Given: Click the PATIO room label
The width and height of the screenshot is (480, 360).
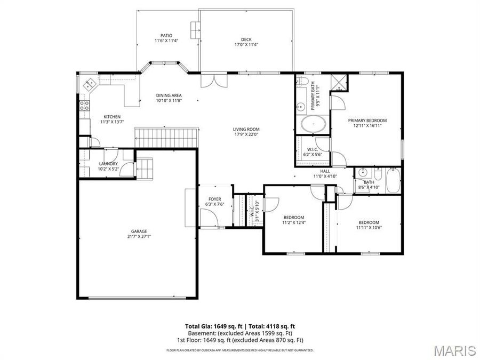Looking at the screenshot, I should tap(166, 35).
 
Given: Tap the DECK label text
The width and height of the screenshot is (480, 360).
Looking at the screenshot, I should tap(246, 39).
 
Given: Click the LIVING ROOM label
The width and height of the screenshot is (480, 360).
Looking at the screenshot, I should tap(246, 129).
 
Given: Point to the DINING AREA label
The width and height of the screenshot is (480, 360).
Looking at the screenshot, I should tap(169, 95).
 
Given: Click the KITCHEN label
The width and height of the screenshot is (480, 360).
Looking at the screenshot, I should tap(112, 117).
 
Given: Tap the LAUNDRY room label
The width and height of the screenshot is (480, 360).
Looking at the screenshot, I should tap(108, 164).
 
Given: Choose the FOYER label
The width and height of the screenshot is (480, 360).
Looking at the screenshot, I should tap(214, 199).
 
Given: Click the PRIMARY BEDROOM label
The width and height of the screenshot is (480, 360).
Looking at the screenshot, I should tap(367, 121).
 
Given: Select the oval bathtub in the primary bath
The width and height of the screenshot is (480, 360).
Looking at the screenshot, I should tap(312, 125).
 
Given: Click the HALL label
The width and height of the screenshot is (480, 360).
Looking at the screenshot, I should tap(325, 171).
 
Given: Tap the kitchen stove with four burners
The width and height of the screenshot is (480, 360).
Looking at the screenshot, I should tap(84, 105).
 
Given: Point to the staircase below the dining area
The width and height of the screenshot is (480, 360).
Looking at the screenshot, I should tap(165, 137).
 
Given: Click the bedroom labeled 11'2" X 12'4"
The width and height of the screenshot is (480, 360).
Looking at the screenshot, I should tap(293, 218).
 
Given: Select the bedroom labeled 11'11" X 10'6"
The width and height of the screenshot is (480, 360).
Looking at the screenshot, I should tap(369, 222).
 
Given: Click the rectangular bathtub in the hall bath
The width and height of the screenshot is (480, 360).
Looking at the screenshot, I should tap(393, 181).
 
